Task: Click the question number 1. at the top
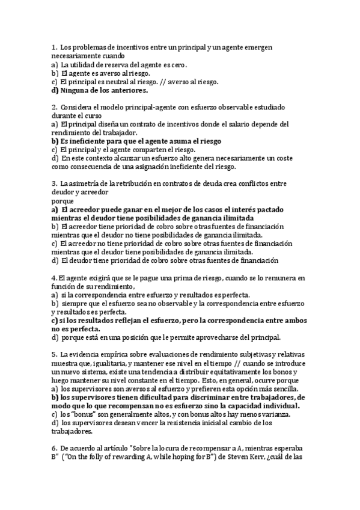tap(54, 47)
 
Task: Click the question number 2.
tap(54, 107)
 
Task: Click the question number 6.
tap(54, 448)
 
